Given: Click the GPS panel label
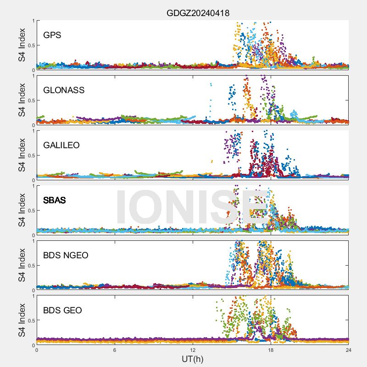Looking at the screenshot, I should point(52,35).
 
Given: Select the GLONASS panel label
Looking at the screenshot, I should point(64,90).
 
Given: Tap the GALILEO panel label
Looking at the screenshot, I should point(61,145).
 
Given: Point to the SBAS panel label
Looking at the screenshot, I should point(54,200).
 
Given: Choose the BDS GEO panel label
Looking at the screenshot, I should point(62,310).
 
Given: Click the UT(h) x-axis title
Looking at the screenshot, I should point(192,359).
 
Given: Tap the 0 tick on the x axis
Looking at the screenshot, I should point(37,350).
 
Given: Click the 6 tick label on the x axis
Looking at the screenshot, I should point(115,350).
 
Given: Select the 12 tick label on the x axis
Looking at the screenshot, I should point(193,350).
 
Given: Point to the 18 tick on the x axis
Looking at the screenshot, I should point(271,350).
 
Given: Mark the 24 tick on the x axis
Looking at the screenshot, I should point(349,350).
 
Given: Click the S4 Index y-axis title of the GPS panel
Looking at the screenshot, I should point(22,45).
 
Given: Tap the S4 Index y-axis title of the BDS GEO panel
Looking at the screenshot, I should point(22,320).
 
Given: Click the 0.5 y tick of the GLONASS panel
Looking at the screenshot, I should point(30,100).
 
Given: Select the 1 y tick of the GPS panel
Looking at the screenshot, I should point(33,21).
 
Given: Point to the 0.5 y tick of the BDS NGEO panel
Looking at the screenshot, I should point(30,266).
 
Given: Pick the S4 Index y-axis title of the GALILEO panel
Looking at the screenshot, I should point(22,155).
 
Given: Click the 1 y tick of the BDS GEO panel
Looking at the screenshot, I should point(33,296).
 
